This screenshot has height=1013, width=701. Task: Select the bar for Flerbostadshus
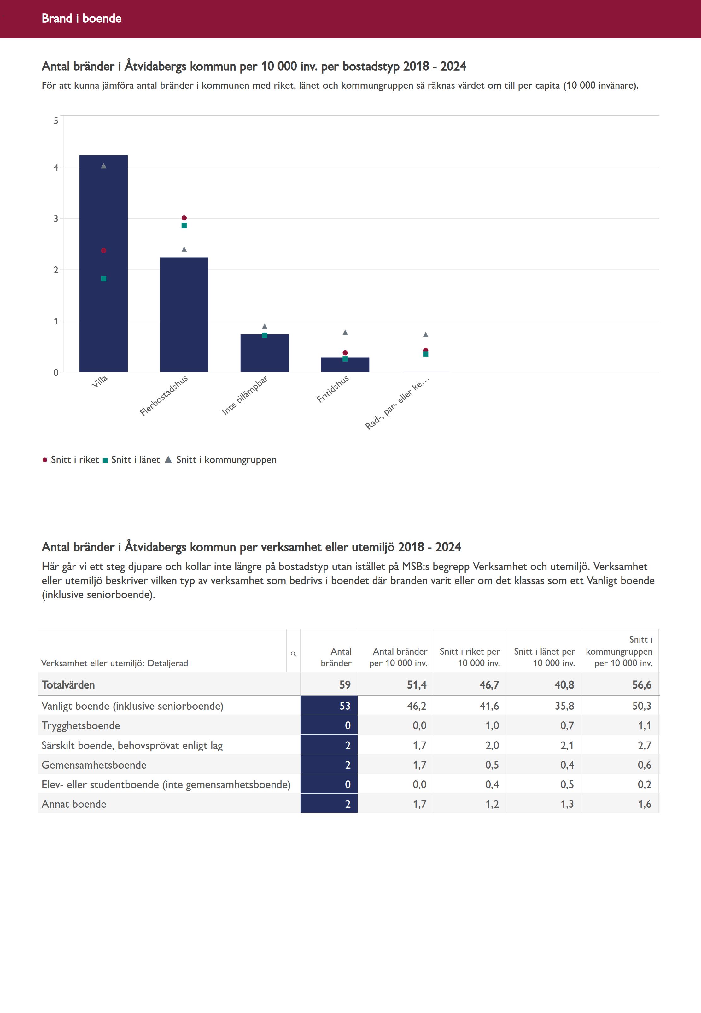click(184, 314)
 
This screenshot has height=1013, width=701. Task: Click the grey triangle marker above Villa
click(104, 166)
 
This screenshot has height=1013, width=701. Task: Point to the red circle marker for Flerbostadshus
click(184, 218)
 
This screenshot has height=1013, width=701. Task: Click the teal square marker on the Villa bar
click(104, 278)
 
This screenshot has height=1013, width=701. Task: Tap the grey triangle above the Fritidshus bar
click(345, 332)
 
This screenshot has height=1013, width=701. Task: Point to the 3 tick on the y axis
click(56, 219)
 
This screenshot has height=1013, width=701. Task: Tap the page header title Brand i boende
click(82, 18)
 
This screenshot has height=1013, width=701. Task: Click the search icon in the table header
click(293, 654)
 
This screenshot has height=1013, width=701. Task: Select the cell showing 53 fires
click(329, 706)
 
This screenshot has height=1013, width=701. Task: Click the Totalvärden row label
click(68, 685)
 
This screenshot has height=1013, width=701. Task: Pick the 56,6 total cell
click(642, 685)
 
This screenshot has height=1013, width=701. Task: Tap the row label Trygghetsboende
click(81, 725)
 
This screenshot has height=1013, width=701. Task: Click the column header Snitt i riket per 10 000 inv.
click(470, 657)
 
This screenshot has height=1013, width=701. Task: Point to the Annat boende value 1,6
click(644, 804)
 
